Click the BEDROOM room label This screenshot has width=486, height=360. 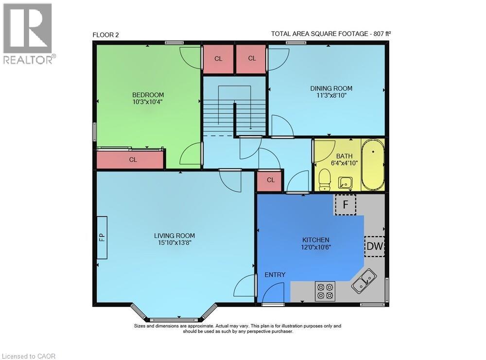click(x=148, y=95)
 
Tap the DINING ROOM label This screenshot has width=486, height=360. click(x=331, y=88)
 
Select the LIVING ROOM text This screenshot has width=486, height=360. click(x=174, y=236)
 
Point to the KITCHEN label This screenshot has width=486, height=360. click(x=315, y=240)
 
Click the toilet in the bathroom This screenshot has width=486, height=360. click(x=325, y=179)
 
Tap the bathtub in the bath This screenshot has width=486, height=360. click(x=373, y=164)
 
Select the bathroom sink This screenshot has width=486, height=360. click(x=345, y=183)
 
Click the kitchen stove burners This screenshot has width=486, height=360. click(x=325, y=291)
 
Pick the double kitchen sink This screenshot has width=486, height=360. click(x=364, y=281)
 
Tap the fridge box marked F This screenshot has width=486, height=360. click(x=345, y=205)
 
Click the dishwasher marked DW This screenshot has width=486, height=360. click(x=374, y=246)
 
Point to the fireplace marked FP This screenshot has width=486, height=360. click(x=102, y=238)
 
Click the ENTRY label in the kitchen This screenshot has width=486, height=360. click(x=275, y=275)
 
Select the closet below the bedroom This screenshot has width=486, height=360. click(x=130, y=159)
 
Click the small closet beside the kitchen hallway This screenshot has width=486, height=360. click(x=270, y=180)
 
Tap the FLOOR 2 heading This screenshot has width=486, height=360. click(x=105, y=35)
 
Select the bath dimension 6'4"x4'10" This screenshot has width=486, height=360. click(x=345, y=163)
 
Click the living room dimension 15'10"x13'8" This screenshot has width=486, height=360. click(x=174, y=243)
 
